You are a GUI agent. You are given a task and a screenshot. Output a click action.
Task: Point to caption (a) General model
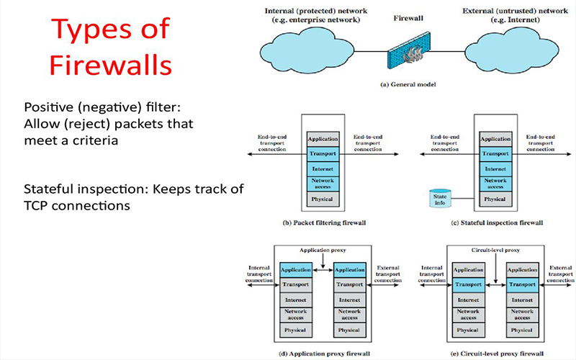point(409,85)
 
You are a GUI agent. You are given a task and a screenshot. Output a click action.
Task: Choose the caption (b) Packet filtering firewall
point(321,224)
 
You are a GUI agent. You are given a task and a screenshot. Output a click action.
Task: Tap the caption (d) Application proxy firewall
point(320,354)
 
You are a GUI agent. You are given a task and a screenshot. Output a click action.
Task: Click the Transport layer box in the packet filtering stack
point(321,153)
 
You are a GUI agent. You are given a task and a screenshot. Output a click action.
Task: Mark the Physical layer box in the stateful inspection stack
point(495,198)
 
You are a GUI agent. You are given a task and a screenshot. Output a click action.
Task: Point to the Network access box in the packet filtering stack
point(321,182)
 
